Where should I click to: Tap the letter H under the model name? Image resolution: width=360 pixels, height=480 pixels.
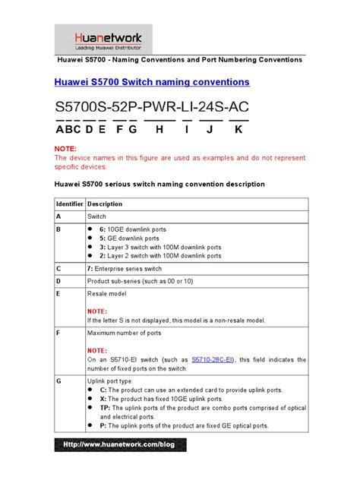coord(159,129)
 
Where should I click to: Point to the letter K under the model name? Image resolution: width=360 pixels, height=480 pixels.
coord(238,129)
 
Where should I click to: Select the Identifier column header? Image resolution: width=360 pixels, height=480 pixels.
coord(68,204)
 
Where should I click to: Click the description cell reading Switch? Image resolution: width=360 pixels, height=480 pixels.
coord(97,216)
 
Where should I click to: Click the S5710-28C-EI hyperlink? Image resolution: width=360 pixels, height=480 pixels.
coord(216,359)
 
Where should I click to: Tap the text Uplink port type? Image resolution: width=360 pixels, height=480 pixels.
coord(111,381)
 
